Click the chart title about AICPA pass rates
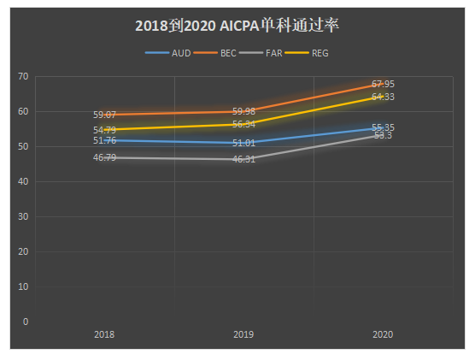tap(237, 26)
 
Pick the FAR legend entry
tap(274, 53)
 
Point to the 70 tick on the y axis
tap(23, 77)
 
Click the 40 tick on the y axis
tap(23, 182)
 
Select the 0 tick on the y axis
tap(26, 322)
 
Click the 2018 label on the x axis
tap(105, 335)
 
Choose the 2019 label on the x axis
tap(243, 335)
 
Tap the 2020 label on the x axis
tap(383, 335)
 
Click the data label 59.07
tap(105, 114)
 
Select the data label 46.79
tap(105, 157)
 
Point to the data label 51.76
tap(105, 140)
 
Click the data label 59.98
tap(243, 111)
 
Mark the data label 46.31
tap(243, 159)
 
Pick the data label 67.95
tap(383, 84)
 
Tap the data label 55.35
tap(383, 127)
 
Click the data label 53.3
tap(383, 135)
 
